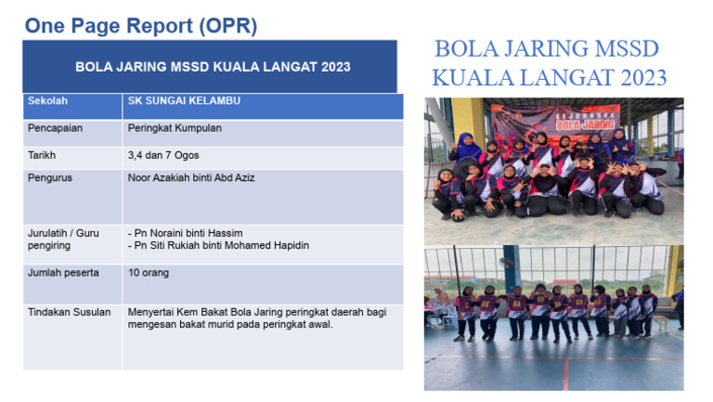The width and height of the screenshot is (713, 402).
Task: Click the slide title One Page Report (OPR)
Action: pos(141,26)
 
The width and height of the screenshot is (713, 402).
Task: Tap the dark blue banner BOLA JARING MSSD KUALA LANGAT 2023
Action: pos(213,67)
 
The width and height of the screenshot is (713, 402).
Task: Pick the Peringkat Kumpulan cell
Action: pos(175,128)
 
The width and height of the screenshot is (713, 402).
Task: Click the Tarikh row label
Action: pos(42,155)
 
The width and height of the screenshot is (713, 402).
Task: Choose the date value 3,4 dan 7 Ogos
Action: pos(163,155)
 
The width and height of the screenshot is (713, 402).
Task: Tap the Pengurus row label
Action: pos(50,177)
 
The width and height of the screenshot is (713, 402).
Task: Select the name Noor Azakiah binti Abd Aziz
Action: pos(190,177)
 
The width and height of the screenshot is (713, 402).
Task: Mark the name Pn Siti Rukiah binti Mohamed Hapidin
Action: pos(218,245)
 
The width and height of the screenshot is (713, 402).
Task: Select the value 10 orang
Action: pos(149,272)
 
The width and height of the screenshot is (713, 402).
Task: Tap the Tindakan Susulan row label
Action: pos(69,312)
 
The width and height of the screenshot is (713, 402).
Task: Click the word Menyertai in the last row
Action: pos(150,312)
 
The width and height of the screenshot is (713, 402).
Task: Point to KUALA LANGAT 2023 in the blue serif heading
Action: pos(549,77)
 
